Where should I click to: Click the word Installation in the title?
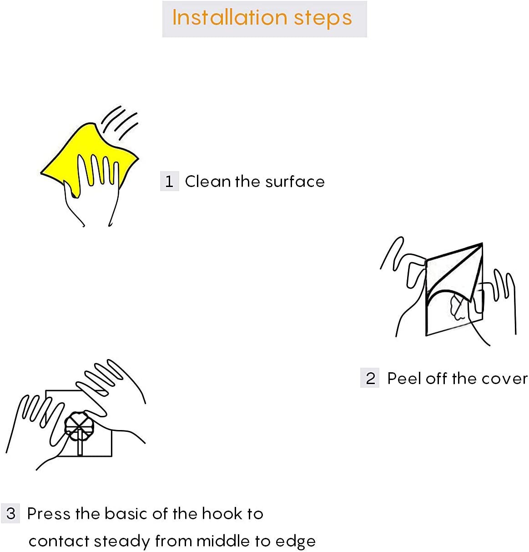tap(230, 18)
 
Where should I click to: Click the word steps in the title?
tap(323, 19)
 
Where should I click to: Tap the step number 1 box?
tap(169, 181)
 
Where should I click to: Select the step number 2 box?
tap(370, 378)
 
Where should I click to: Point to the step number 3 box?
tap(10, 513)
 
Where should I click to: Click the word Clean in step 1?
tap(208, 181)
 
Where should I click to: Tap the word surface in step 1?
tap(295, 181)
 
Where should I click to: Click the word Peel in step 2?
tap(404, 378)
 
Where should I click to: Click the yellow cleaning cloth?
tap(88, 153)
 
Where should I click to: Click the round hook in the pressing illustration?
tap(76, 425)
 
